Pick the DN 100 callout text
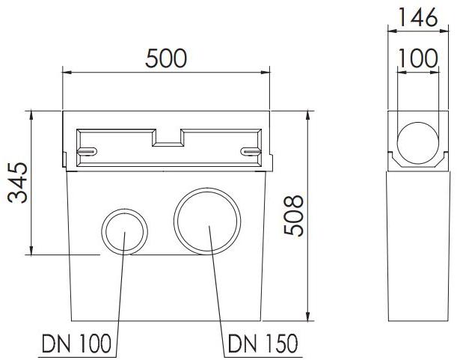click(77, 344)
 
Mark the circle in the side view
click(417, 144)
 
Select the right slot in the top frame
click(251, 152)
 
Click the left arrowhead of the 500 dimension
click(65, 73)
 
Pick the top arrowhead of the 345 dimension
click(31, 115)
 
